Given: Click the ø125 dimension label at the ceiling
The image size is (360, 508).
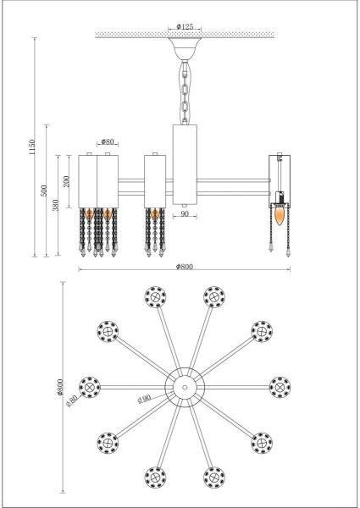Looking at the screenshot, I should [184, 28].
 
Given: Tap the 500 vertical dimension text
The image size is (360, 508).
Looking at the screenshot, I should [45, 190].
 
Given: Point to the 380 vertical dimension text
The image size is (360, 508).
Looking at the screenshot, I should [57, 206].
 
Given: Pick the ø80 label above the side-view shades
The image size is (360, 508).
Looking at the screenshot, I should [108, 142].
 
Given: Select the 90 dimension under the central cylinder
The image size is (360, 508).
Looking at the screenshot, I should [185, 215].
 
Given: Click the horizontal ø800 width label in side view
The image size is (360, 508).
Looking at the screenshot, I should [184, 267].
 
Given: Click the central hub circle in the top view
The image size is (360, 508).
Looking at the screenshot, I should [183, 386].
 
